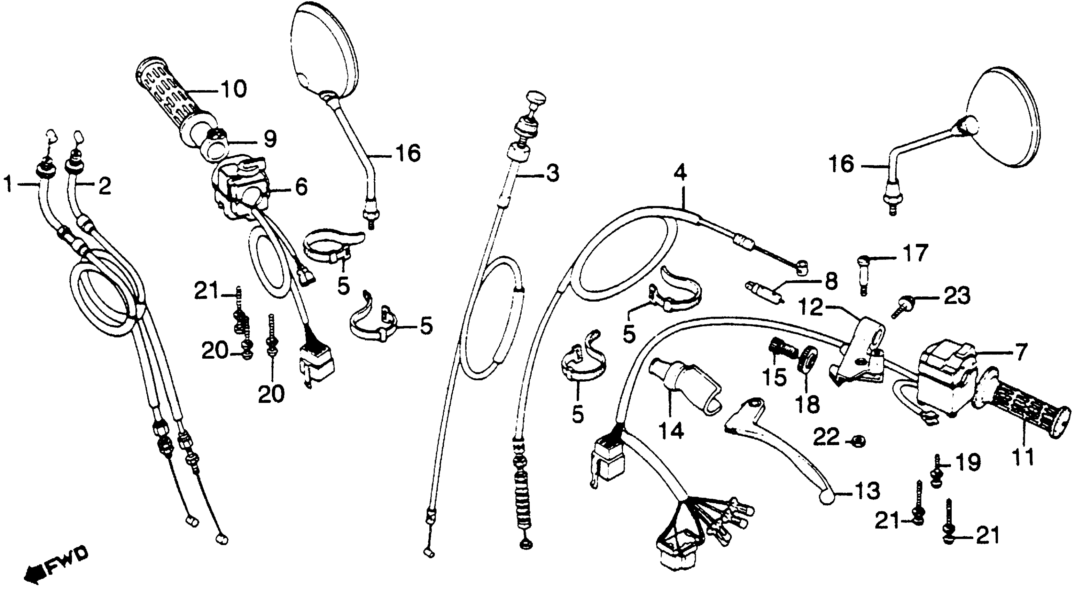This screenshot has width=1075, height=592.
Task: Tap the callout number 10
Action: coord(234,89)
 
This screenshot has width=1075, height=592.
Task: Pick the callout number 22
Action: coord(827,438)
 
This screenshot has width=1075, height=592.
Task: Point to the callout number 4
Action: coord(680,173)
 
